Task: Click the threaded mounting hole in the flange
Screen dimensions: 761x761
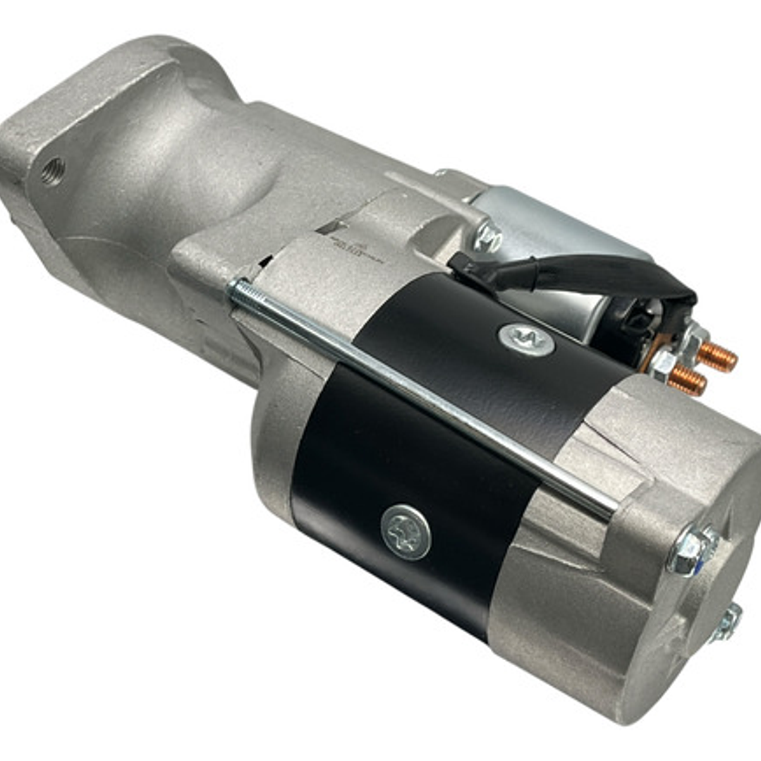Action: pyautogui.click(x=53, y=171)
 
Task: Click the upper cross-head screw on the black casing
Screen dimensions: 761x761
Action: pyautogui.click(x=526, y=339)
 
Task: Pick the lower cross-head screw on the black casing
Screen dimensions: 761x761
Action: pyautogui.click(x=406, y=532)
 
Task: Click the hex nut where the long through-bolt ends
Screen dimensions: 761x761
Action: pyautogui.click(x=691, y=549)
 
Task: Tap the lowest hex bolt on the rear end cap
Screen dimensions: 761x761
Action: pyautogui.click(x=726, y=621)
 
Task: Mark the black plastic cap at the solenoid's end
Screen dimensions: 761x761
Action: pyautogui.click(x=635, y=317)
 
